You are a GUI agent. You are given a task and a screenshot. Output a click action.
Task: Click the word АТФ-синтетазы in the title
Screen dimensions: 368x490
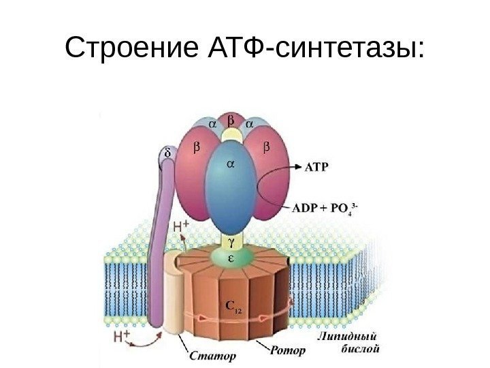(x=314, y=49)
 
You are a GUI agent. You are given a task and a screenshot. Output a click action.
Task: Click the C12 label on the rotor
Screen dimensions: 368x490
(x=232, y=308)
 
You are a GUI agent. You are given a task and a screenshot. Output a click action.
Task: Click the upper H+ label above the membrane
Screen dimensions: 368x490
(x=181, y=228)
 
